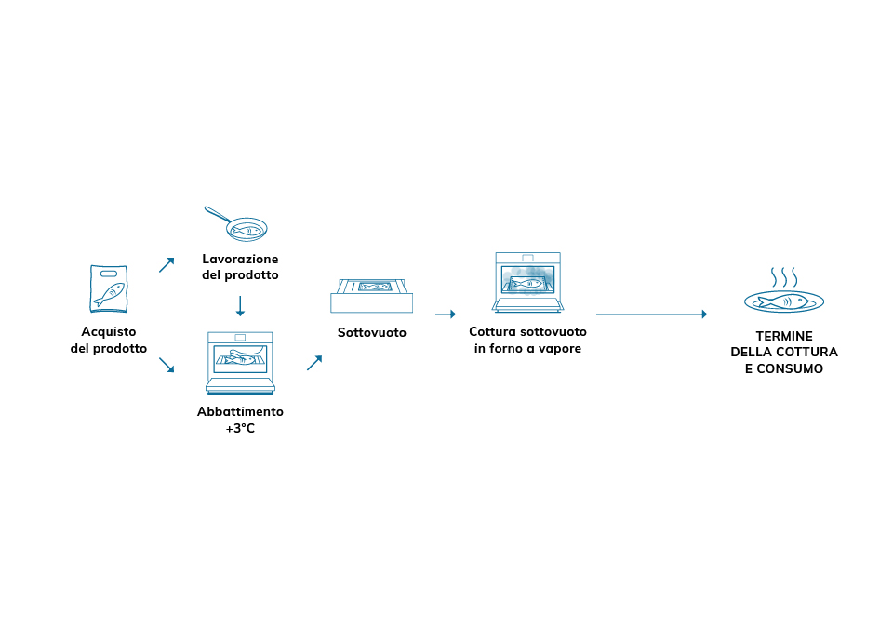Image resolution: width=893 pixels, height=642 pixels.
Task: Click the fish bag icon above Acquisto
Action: pyautogui.click(x=109, y=288)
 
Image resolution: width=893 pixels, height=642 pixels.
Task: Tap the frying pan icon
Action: pyautogui.click(x=237, y=225)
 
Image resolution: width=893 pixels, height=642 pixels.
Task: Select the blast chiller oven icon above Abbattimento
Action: pyautogui.click(x=240, y=362)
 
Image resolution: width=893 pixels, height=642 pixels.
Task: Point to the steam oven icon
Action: pyautogui.click(x=528, y=282)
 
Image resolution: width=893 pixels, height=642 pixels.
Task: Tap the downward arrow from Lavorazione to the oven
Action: pyautogui.click(x=240, y=305)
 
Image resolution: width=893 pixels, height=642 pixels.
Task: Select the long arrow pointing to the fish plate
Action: pyautogui.click(x=651, y=314)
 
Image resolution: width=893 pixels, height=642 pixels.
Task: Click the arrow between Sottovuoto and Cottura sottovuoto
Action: pyautogui.click(x=445, y=314)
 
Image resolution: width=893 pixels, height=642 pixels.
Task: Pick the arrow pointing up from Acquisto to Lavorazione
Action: pyautogui.click(x=167, y=264)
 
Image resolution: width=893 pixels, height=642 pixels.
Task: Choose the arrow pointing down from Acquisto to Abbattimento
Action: pyautogui.click(x=167, y=365)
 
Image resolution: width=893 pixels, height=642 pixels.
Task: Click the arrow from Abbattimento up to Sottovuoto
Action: pyautogui.click(x=314, y=363)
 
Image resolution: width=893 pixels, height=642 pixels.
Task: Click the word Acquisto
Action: pyautogui.click(x=109, y=331)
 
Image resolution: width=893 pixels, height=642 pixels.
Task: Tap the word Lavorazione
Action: pyautogui.click(x=240, y=259)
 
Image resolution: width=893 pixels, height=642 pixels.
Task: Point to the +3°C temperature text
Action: pyautogui.click(x=240, y=429)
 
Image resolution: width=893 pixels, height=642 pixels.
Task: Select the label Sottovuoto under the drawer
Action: pyautogui.click(x=371, y=332)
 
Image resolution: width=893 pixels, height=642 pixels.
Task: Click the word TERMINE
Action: pyautogui.click(x=783, y=335)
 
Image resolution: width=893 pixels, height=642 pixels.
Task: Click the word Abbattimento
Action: pyautogui.click(x=240, y=411)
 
